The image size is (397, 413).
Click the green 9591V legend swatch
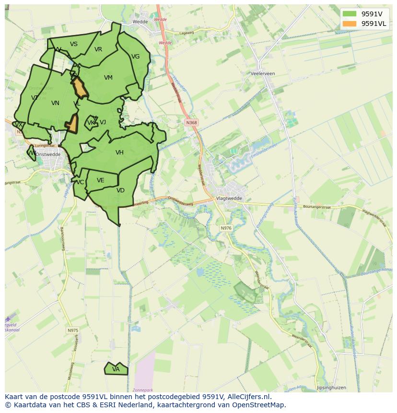point(350,14)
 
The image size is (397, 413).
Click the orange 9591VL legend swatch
point(350,24)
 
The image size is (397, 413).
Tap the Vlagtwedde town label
point(230,198)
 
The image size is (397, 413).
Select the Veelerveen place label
point(263,73)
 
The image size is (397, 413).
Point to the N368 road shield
point(191,123)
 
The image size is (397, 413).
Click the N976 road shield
point(226,228)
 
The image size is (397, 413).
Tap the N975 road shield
point(72,330)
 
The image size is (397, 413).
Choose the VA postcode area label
point(116,369)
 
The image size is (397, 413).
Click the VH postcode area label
point(119,153)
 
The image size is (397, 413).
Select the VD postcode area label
point(120,190)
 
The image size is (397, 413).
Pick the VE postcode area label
point(101,180)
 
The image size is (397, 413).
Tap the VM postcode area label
point(108,78)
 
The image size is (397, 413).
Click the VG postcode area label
point(136,57)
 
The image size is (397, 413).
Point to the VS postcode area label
point(74,44)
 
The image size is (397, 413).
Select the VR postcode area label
point(98,49)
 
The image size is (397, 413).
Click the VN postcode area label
point(55,103)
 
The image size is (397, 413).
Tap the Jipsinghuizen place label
point(331,388)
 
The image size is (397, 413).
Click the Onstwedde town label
point(48,154)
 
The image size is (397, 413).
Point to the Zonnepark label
point(143,389)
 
